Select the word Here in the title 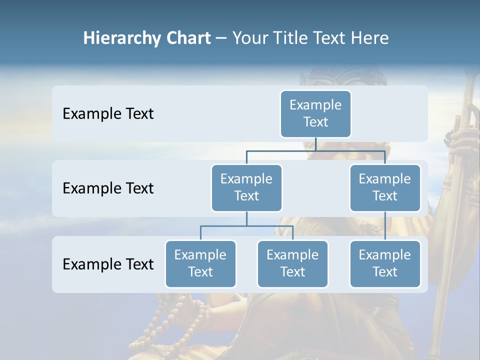click(x=369, y=38)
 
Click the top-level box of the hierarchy click(x=315, y=113)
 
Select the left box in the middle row click(x=246, y=187)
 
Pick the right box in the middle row click(x=384, y=187)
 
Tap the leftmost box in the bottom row click(x=200, y=263)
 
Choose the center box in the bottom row click(x=292, y=263)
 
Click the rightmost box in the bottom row click(x=384, y=263)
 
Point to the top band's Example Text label click(x=108, y=113)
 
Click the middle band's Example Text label click(x=108, y=188)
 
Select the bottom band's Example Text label click(x=108, y=264)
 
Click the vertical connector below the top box click(x=315, y=144)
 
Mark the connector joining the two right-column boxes click(x=384, y=226)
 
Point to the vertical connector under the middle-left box click(x=246, y=218)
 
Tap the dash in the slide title click(x=221, y=38)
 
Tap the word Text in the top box click(x=315, y=122)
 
